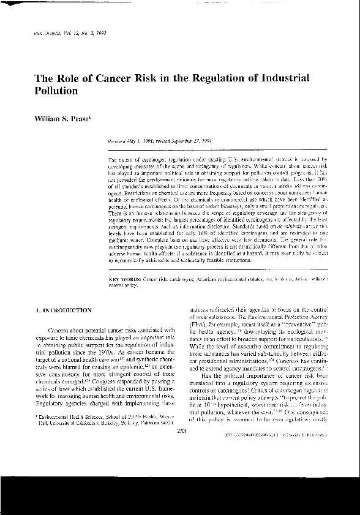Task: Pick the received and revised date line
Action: (150, 140)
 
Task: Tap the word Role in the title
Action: (56, 78)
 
